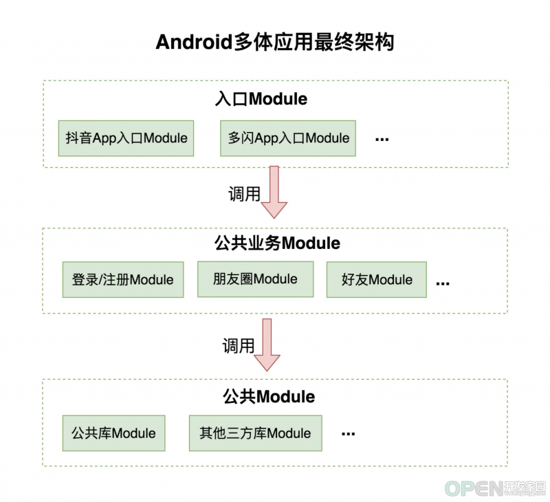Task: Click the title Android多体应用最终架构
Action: (275, 42)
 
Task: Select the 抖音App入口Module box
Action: (126, 138)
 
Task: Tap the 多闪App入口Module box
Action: (288, 138)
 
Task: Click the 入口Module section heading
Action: (261, 99)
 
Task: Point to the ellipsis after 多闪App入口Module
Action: (382, 140)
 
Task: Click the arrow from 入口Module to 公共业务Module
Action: (274, 193)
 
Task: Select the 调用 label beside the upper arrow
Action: (244, 194)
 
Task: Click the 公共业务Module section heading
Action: (277, 243)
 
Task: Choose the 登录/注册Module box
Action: (123, 280)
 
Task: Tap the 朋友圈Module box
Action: (255, 279)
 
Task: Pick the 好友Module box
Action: (377, 280)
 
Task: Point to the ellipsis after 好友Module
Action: (443, 283)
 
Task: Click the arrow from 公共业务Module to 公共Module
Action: (267, 345)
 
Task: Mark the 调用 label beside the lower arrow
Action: (239, 346)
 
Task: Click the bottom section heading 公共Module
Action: (269, 397)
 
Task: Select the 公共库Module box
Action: (113, 433)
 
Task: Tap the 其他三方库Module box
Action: (255, 433)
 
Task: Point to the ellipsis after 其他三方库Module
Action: (348, 435)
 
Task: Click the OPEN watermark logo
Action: (495, 488)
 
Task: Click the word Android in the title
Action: (194, 42)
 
